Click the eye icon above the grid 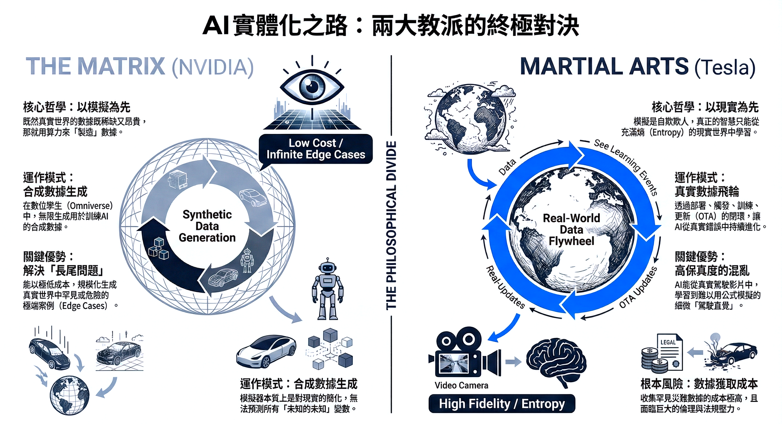click(312, 87)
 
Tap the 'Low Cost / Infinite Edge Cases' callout click(316, 149)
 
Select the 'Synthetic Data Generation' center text click(207, 226)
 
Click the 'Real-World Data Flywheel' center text click(571, 229)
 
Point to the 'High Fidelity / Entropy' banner click(502, 404)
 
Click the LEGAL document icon click(670, 350)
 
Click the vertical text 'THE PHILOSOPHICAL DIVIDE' click(391, 225)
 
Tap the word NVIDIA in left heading click(213, 67)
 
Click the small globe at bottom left click(70, 395)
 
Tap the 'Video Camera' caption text click(461, 385)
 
